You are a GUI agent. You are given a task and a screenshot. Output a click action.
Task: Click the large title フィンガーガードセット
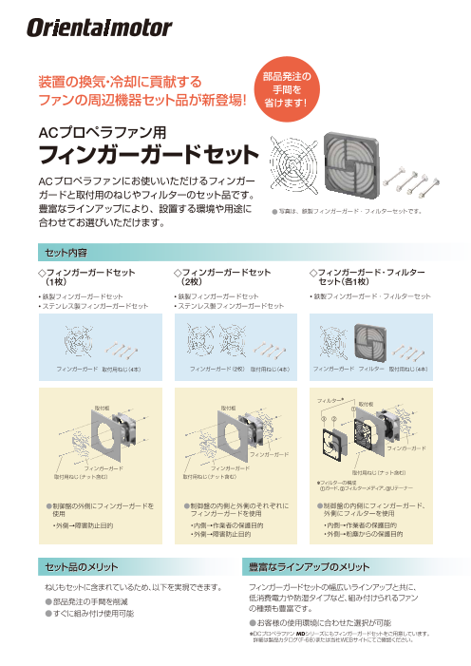pyautogui.click(x=147, y=154)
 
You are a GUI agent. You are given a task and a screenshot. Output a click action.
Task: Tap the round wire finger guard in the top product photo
pyautogui.click(x=294, y=167)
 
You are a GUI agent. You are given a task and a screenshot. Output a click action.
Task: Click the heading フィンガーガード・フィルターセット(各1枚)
pyautogui.click(x=366, y=277)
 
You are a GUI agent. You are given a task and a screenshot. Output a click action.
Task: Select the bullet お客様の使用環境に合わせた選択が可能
pyautogui.click(x=321, y=622)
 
